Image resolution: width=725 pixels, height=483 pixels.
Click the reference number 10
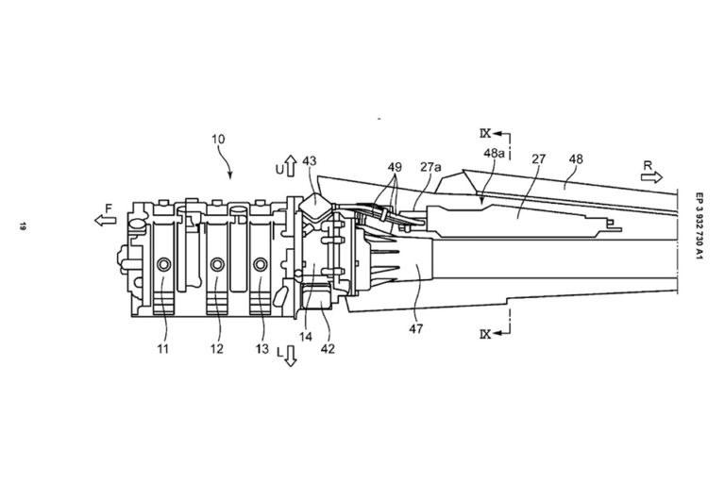coord(218,139)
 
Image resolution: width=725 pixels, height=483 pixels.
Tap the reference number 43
coord(310,161)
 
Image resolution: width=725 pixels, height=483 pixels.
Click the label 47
coord(416,328)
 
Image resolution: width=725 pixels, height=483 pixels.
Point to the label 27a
coord(430,167)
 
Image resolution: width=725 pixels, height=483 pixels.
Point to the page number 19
coord(18,225)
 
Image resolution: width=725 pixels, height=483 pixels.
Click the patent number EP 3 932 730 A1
coord(700,227)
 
